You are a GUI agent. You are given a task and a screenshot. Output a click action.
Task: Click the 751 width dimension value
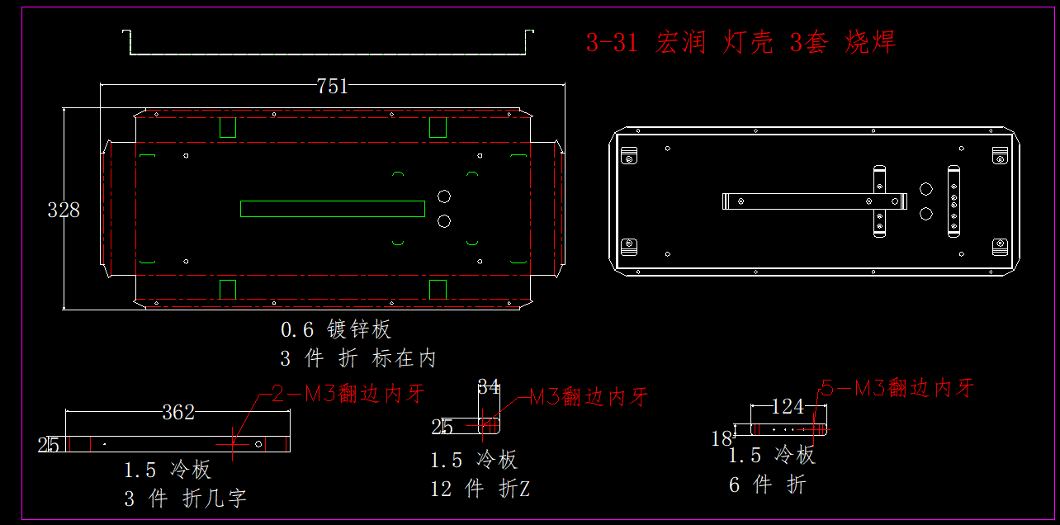tap(333, 86)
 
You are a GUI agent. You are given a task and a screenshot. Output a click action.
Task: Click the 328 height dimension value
tap(64, 210)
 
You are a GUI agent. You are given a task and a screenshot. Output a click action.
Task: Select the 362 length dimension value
tap(178, 412)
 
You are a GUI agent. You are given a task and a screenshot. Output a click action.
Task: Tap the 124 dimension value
tap(788, 406)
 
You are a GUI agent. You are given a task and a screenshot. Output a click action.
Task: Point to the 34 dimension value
tap(489, 386)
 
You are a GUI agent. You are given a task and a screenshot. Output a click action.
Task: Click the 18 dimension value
tap(722, 437)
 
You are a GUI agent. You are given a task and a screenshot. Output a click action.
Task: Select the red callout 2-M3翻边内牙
tap(348, 394)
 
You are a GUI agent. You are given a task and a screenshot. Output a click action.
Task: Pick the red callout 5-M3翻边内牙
tap(897, 388)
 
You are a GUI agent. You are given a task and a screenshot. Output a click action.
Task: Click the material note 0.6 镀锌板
tap(336, 330)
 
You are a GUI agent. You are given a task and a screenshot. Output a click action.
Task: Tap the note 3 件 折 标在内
tap(357, 358)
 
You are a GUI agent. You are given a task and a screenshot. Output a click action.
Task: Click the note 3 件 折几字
tap(185, 499)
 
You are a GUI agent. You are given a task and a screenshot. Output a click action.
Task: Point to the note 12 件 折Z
tap(480, 489)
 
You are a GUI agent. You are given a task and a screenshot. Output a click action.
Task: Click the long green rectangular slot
tap(332, 209)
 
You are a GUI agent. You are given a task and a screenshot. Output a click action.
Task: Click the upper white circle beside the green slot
tap(444, 196)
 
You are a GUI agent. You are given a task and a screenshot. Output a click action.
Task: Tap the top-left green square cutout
tap(228, 127)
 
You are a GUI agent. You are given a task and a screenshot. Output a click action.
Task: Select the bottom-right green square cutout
tap(438, 289)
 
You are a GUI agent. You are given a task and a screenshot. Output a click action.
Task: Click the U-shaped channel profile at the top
tap(328, 53)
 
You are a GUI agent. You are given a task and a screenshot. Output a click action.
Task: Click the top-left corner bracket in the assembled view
tap(629, 155)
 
